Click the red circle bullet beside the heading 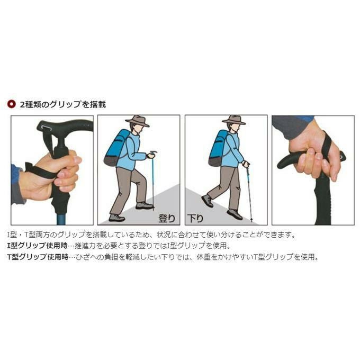[x=11, y=104]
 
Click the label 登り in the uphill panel [x=167, y=218]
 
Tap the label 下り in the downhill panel [x=195, y=218]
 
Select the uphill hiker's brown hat [x=138, y=121]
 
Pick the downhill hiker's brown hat [x=234, y=120]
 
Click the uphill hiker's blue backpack [x=115, y=148]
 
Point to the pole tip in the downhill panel [x=251, y=220]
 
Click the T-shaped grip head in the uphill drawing [x=152, y=152]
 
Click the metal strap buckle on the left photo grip [x=45, y=128]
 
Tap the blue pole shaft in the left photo [x=61, y=219]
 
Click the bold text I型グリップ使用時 [x=38, y=246]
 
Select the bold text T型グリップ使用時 [x=38, y=257]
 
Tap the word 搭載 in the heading [x=98, y=104]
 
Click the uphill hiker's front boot [x=144, y=205]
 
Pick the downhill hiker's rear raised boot [x=208, y=201]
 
